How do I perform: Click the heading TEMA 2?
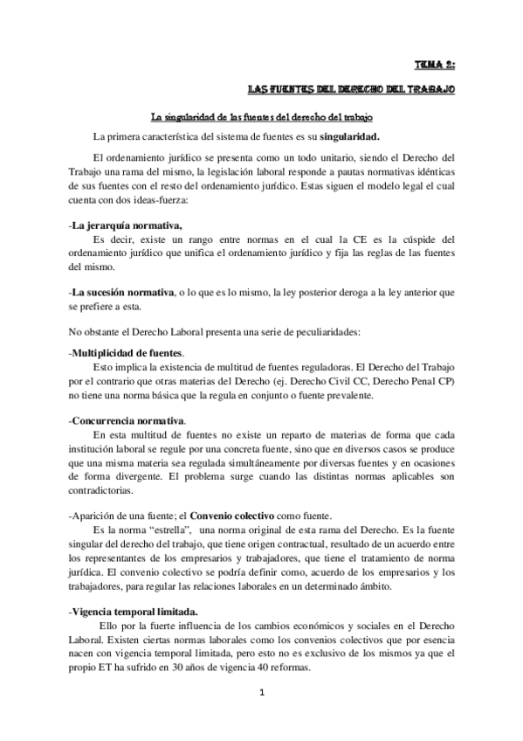435,64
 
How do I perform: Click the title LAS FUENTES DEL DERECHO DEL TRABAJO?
351,89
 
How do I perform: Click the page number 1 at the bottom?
261,717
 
